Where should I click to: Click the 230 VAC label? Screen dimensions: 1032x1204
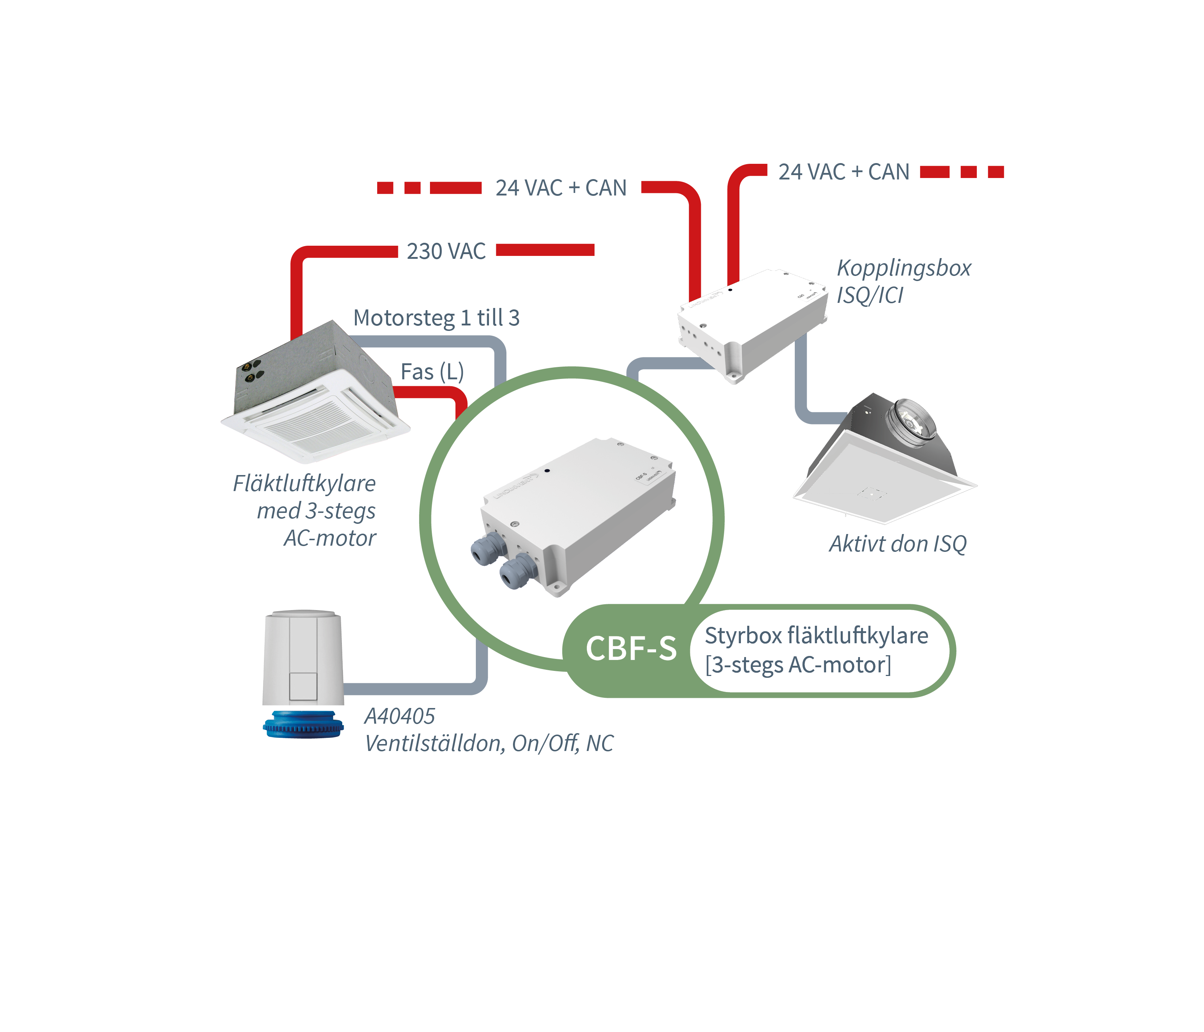point(446,251)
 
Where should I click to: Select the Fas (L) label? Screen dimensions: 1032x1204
point(432,372)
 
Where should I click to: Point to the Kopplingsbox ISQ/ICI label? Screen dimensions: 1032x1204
point(903,282)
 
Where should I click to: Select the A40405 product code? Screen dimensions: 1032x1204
point(399,716)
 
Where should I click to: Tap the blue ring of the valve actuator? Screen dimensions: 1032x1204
point(303,725)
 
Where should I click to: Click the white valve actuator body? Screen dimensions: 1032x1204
point(303,657)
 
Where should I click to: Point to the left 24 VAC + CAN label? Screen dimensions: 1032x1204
point(561,188)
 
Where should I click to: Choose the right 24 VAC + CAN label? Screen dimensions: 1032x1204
point(844,172)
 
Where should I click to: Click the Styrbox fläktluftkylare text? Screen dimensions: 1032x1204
point(816,636)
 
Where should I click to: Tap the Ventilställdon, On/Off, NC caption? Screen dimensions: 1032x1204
point(489,744)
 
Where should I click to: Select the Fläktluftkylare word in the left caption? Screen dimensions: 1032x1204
point(304,483)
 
